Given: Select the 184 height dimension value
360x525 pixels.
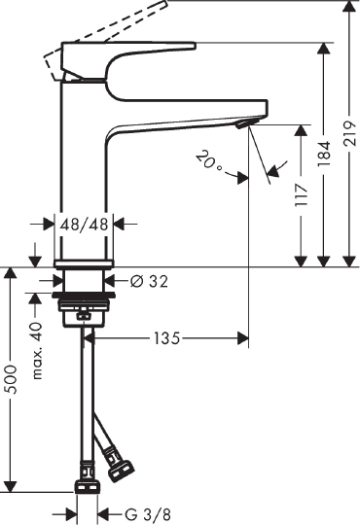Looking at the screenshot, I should click(325, 153).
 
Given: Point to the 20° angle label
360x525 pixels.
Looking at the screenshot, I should click(209, 159).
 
